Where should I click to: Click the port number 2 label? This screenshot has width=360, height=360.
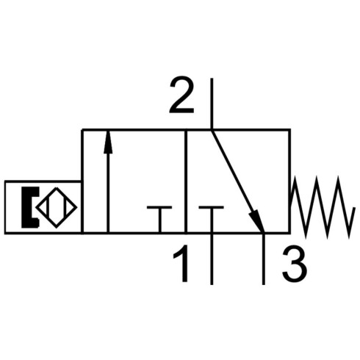pos(181,95)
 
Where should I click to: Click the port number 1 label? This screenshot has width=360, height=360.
pos(182,264)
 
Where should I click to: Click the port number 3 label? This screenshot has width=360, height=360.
pos(294,264)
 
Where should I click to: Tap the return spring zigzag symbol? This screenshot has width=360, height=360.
pos(322,207)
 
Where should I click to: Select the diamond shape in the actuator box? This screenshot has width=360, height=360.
pos(57,208)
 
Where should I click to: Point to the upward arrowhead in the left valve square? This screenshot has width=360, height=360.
pos(108,143)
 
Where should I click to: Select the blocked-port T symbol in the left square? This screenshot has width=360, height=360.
pos(159,219)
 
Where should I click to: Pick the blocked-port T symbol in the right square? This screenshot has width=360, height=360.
pos(212,219)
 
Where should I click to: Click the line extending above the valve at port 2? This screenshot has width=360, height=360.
pos(212,104)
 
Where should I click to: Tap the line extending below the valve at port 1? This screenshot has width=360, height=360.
pos(212,259)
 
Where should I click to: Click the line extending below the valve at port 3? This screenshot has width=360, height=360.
pos(264,259)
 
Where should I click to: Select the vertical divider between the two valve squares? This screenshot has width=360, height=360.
pos(186,181)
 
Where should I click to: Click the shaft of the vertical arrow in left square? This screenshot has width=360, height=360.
pos(108,193)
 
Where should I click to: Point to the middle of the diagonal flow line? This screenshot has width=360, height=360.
pos(237,181)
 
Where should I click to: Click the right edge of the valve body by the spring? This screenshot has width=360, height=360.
pos(289,181)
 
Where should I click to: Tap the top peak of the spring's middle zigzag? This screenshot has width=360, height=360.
pos(317,177)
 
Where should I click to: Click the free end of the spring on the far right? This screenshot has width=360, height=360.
pos(354,208)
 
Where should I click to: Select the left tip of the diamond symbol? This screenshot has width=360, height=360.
pos(36,208)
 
